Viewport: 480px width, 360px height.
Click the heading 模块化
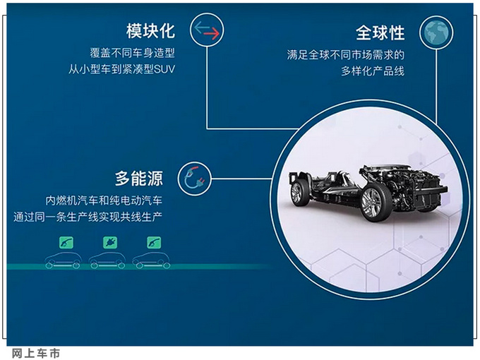150,31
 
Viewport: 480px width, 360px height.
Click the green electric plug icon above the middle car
110,241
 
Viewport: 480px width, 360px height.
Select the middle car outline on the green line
107,260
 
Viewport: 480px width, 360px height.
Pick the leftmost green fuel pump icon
64,241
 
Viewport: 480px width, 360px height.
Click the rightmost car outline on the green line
151,260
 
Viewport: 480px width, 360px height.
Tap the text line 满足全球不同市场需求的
349,54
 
